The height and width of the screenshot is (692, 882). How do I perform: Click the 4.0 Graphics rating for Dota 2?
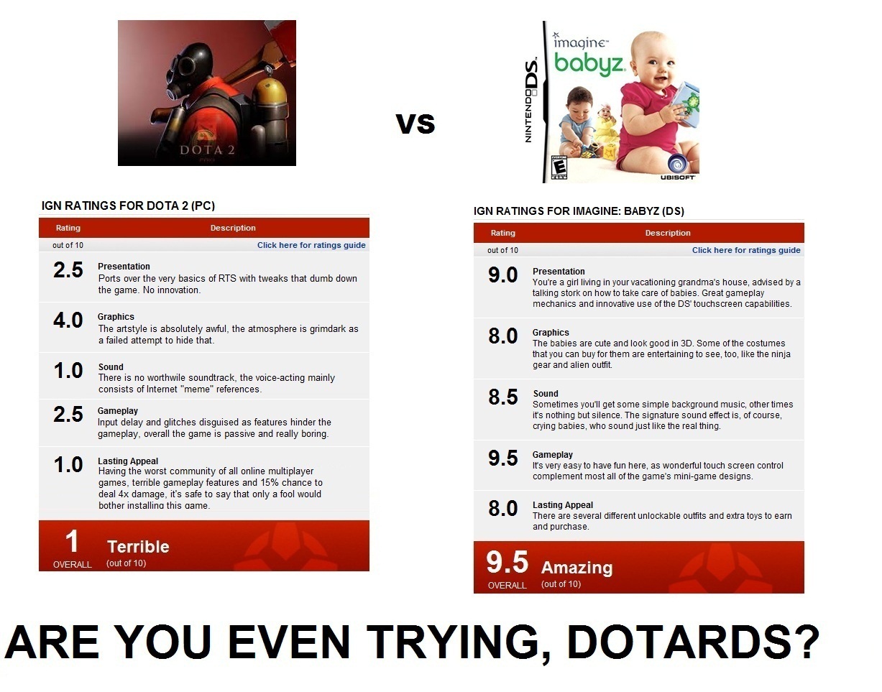point(68,320)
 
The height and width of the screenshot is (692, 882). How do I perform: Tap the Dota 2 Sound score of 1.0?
point(68,371)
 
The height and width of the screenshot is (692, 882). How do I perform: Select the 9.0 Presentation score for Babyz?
point(503,275)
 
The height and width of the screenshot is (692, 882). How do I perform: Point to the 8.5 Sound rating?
point(503,397)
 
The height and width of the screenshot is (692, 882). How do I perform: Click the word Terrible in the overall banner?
point(138,547)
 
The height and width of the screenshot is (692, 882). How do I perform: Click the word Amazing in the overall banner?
point(576,568)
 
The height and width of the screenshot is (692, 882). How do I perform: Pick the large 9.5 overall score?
point(507,562)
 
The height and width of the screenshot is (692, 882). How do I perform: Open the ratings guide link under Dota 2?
point(311,245)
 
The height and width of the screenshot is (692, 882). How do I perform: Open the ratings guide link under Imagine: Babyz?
point(746,250)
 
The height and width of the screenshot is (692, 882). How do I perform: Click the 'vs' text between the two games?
point(415,124)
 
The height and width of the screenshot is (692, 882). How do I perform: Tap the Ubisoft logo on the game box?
point(677,168)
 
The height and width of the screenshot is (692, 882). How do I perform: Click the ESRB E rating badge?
point(559,167)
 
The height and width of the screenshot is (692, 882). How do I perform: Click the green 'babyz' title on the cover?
point(589,64)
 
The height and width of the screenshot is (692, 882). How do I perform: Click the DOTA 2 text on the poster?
point(207,150)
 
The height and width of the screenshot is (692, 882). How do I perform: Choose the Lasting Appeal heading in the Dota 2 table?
point(128,461)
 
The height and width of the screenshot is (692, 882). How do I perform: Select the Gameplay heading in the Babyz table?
point(552,455)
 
